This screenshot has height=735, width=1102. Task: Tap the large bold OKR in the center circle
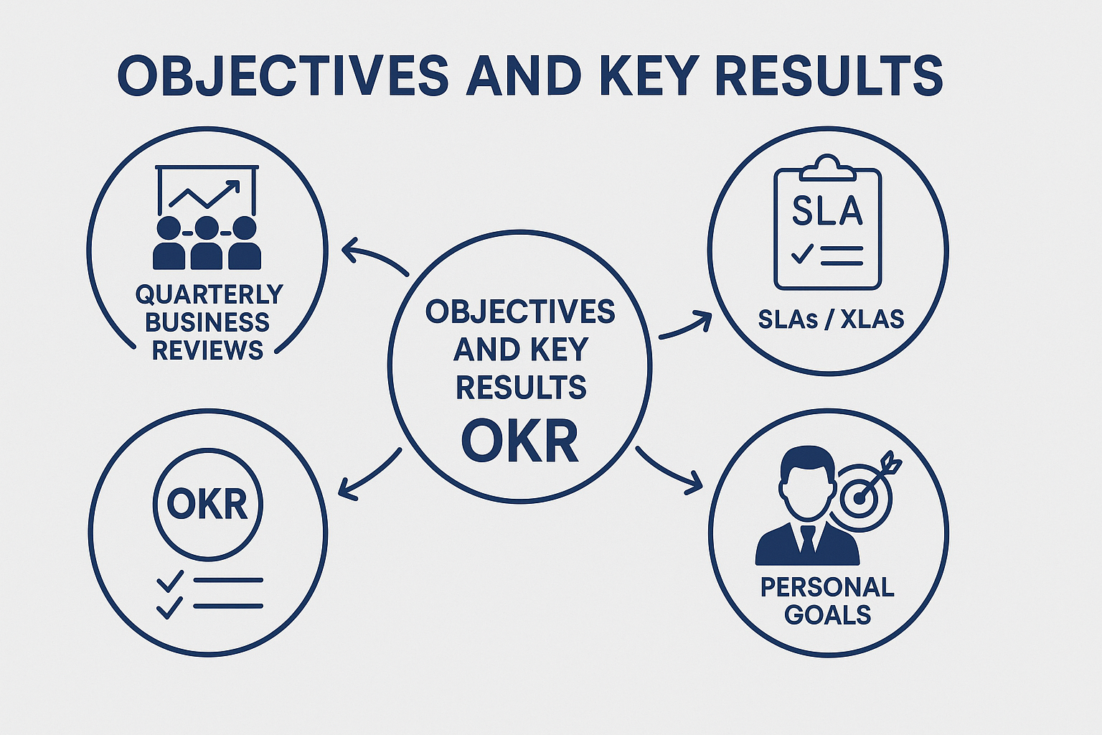coord(520,441)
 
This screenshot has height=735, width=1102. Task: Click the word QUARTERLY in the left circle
coord(209,294)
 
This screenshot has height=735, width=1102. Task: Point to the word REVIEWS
coord(207,350)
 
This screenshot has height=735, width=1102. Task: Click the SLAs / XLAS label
coord(831,319)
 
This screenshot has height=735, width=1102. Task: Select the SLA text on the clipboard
coord(827,211)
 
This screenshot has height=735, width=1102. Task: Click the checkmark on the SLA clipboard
coord(801,253)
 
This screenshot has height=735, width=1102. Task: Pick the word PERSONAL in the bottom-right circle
coord(827,587)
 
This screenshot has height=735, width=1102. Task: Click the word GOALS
coord(827,615)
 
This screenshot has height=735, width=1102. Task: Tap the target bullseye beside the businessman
coord(859,497)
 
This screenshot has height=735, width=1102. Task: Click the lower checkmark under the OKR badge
coord(170,607)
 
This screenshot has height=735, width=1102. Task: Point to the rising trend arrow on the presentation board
coord(204,195)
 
